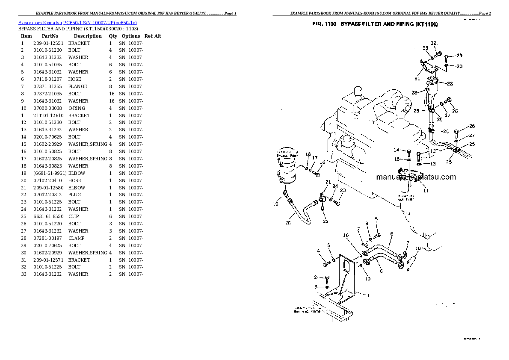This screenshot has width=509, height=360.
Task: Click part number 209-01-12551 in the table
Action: pyautogui.click(x=48, y=43)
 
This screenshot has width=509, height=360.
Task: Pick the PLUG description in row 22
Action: pyautogui.click(x=74, y=195)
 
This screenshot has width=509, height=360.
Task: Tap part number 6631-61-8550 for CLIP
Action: pyautogui.click(x=48, y=216)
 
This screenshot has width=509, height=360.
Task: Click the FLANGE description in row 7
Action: pyautogui.click(x=77, y=86)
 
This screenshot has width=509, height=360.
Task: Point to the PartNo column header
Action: pyautogui.click(x=50, y=36)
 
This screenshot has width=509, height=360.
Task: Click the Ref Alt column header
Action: pyautogui.click(x=153, y=36)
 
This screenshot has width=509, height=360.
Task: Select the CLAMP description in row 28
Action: pyautogui.click(x=76, y=238)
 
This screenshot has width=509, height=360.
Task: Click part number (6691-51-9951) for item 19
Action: pyautogui.click(x=49, y=173)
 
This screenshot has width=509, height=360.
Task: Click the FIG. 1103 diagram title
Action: pyautogui.click(x=375, y=25)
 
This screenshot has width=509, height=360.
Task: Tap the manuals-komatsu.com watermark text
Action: pyautogui.click(x=416, y=177)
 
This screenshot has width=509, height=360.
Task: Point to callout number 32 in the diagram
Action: pyautogui.click(x=433, y=43)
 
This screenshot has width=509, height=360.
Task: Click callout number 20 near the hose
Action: pyautogui.click(x=289, y=222)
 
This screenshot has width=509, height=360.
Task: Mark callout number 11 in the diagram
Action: pyautogui.click(x=426, y=191)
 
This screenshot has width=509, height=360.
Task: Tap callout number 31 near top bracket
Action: pyautogui.click(x=417, y=78)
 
